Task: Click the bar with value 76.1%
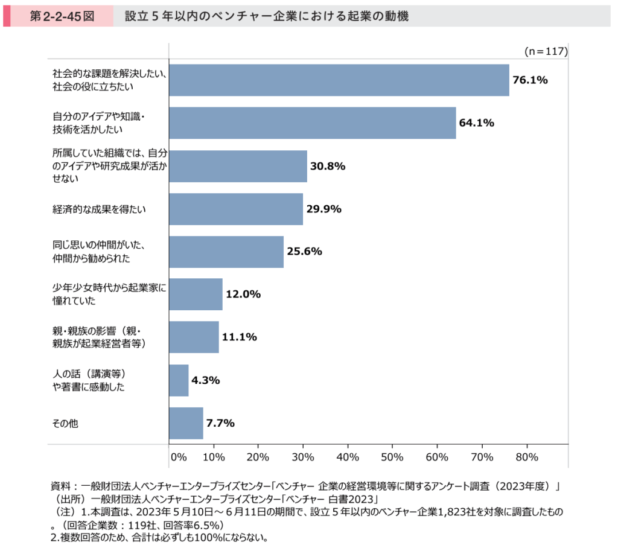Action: click(x=339, y=80)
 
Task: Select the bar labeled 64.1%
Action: click(x=312, y=123)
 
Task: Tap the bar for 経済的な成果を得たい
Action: click(x=235, y=209)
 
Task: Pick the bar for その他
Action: click(x=186, y=423)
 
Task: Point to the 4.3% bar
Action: click(x=179, y=380)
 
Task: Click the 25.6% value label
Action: click(x=304, y=252)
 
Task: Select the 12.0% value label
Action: click(x=243, y=295)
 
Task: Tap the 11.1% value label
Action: click(x=240, y=337)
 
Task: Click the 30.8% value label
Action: click(x=328, y=166)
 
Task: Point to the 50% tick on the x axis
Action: click(x=392, y=457)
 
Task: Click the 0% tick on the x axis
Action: click(x=179, y=457)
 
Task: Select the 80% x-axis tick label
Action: click(x=526, y=457)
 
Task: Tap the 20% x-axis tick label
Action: click(x=258, y=457)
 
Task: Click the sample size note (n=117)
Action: click(x=546, y=51)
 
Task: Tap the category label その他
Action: click(x=65, y=424)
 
